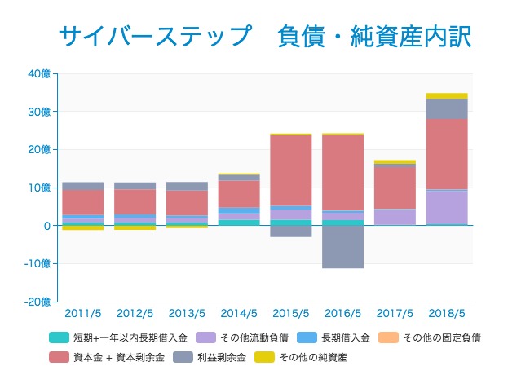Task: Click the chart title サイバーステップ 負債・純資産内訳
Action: tap(265, 37)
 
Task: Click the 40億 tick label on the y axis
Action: tap(39, 73)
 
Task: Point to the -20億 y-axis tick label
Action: tap(38, 302)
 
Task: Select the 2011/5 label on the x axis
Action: tap(82, 314)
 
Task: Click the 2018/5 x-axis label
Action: tap(447, 314)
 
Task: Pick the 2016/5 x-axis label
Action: tap(342, 314)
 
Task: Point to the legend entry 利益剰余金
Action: tap(218, 357)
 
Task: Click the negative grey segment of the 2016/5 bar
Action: tap(342, 247)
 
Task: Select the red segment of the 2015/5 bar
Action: tap(291, 170)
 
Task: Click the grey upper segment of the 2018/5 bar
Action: tap(447, 109)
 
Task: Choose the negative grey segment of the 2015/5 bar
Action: tap(291, 232)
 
